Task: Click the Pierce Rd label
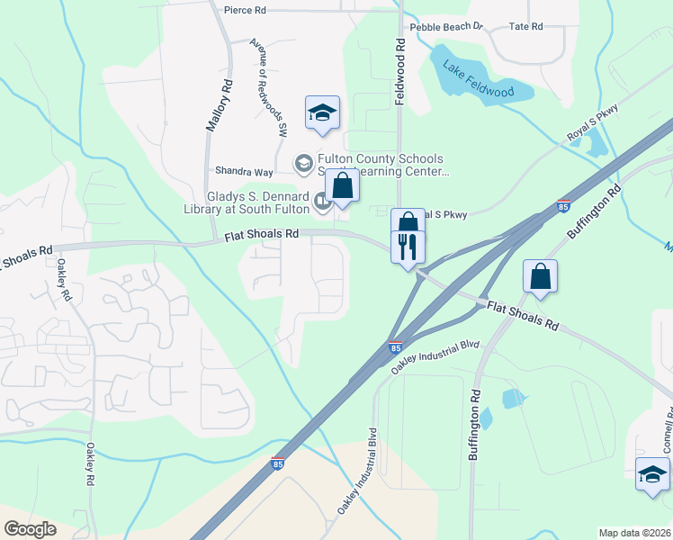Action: tap(246, 10)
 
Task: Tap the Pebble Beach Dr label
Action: tap(447, 27)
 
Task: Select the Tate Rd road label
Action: tap(526, 26)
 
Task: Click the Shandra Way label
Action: tap(243, 171)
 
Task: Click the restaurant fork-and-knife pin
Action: tap(408, 246)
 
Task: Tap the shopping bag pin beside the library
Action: tap(342, 185)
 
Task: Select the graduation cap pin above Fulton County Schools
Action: tap(322, 112)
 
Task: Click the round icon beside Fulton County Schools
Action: tap(305, 163)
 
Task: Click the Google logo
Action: tap(30, 528)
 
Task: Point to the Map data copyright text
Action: tap(634, 533)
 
